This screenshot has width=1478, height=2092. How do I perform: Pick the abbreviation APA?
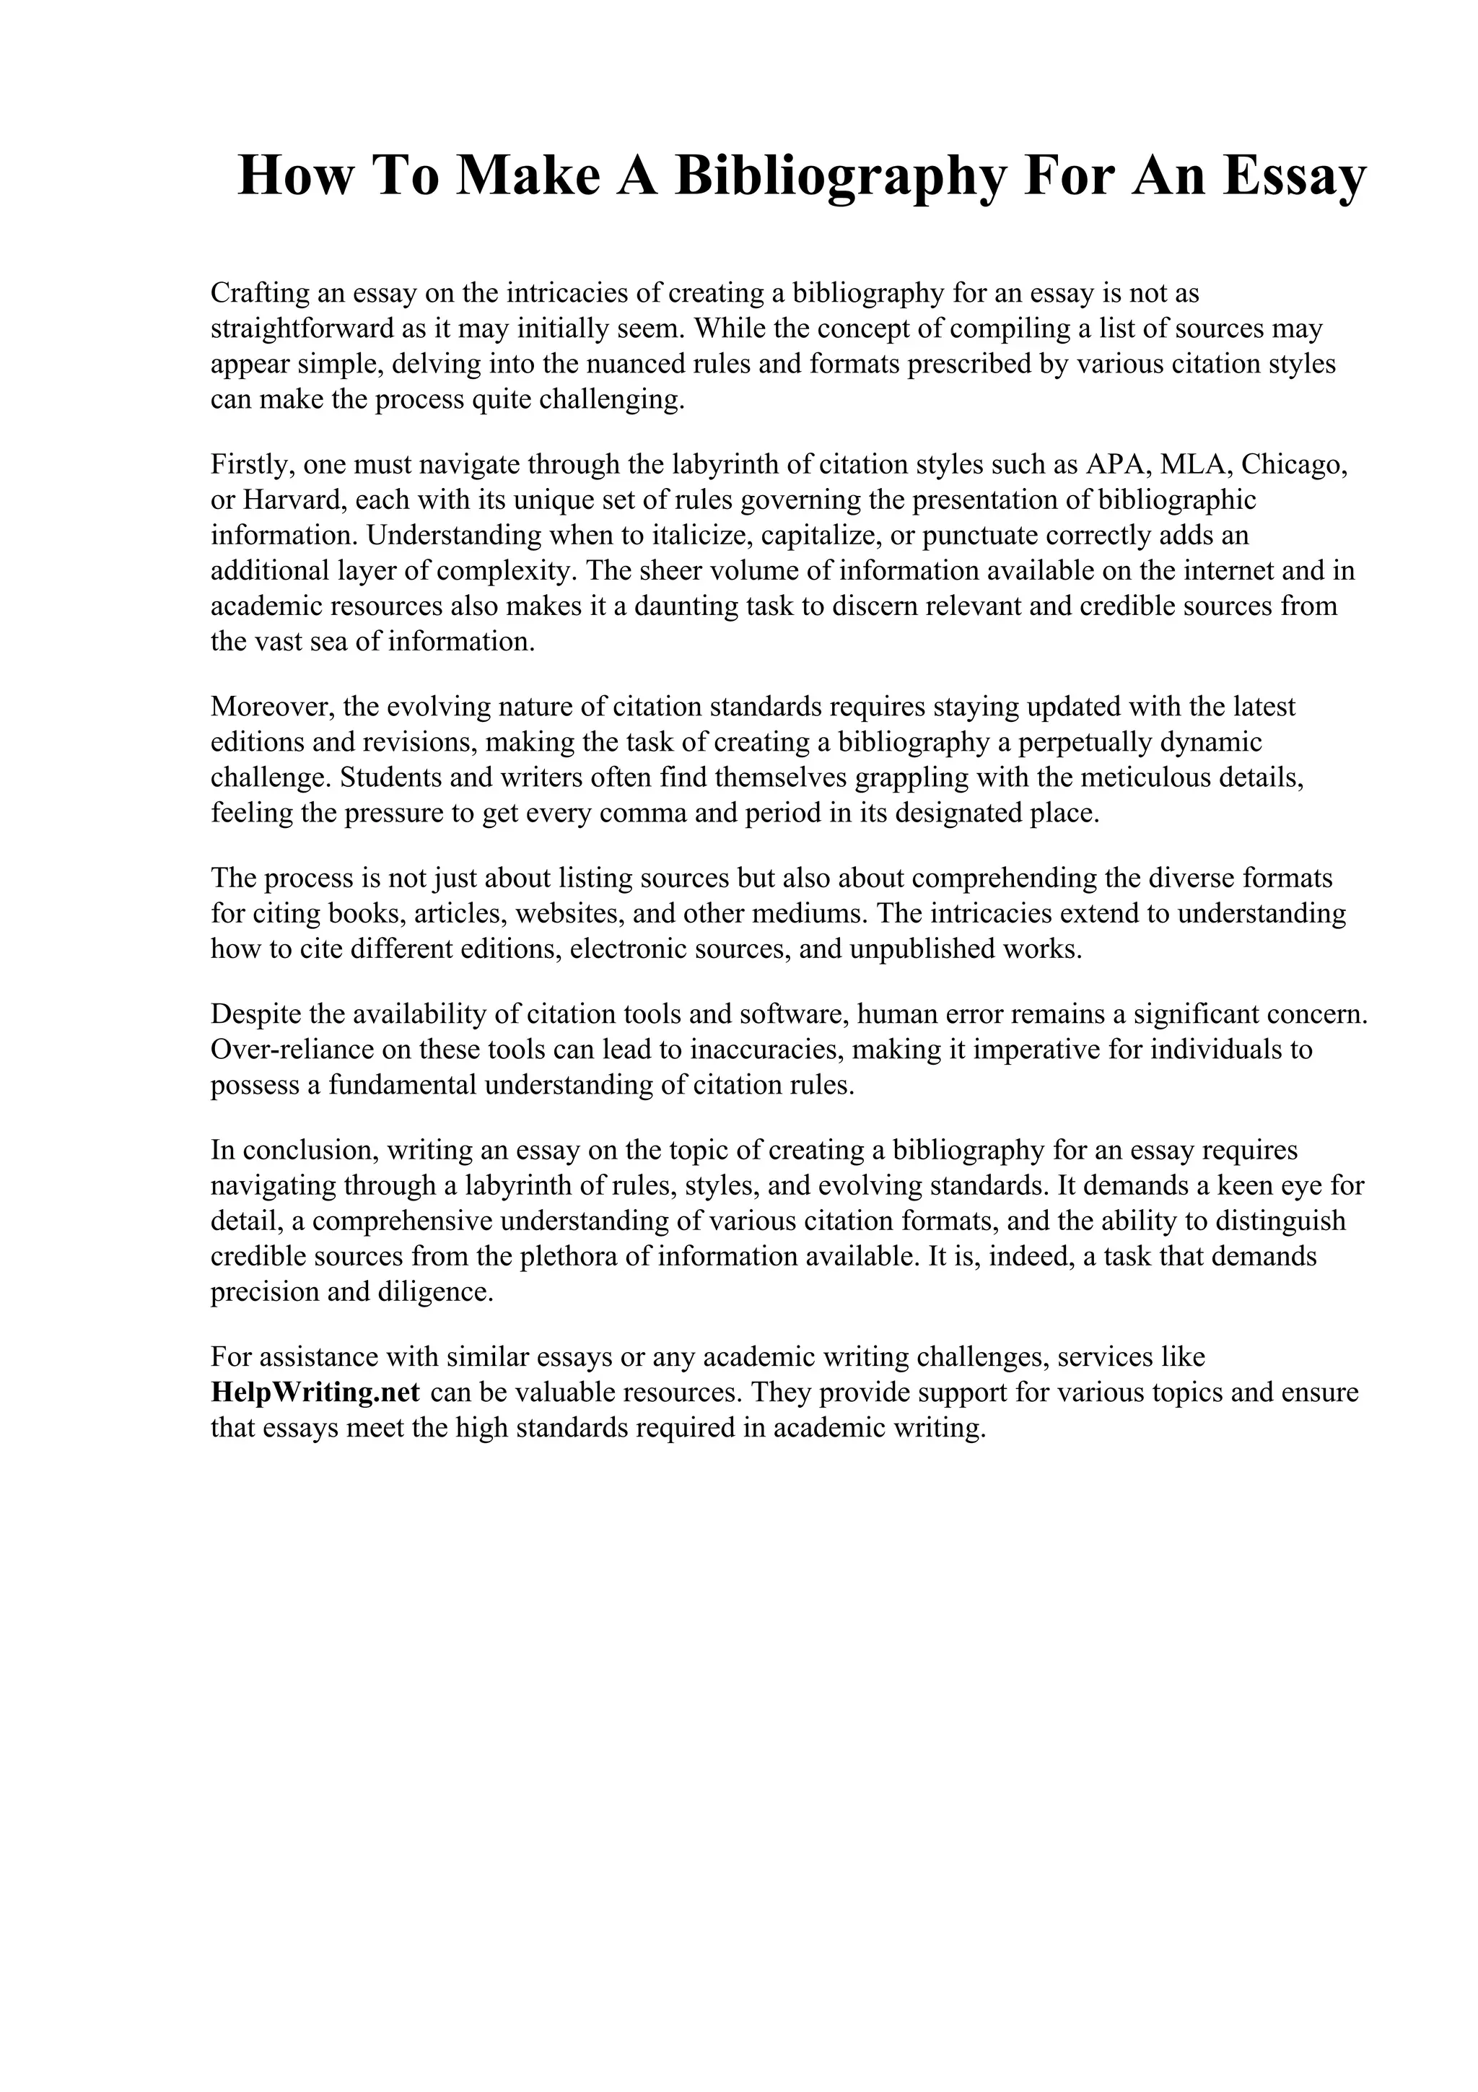click(1107, 465)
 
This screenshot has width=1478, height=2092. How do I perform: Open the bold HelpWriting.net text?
click(315, 1393)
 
